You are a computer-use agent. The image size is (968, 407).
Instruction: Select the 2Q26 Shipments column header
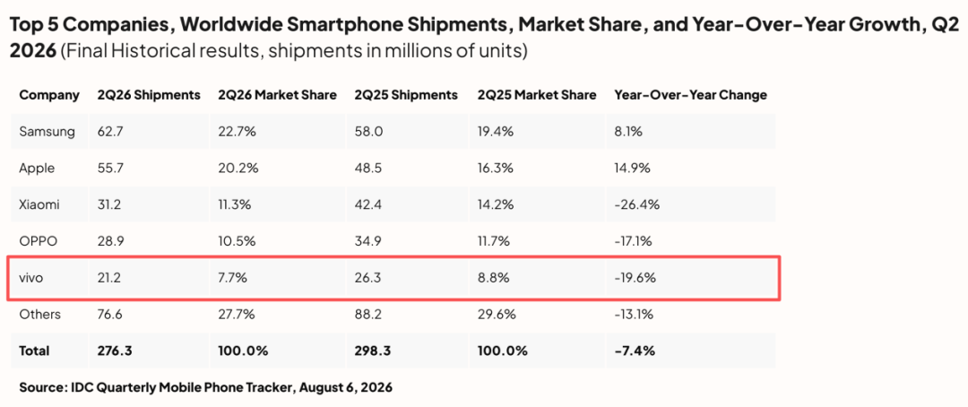149,95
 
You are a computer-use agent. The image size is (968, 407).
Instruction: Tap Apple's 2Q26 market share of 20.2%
235,168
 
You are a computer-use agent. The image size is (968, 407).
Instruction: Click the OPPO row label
39,241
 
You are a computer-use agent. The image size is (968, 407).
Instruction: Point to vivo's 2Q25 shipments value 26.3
366,278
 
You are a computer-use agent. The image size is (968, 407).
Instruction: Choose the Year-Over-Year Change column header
691,95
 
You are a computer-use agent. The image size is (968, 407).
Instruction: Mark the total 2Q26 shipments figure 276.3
114,351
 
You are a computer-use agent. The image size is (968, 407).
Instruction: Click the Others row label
40,315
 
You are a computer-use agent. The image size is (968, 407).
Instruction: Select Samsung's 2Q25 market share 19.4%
493,132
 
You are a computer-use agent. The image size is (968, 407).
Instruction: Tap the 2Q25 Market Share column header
537,95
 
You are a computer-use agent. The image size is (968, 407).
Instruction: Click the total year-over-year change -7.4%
635,351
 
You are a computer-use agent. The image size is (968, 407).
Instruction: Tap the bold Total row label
34,351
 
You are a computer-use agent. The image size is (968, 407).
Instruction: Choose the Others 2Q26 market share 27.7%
235,315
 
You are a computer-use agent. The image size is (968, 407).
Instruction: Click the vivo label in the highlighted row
30,278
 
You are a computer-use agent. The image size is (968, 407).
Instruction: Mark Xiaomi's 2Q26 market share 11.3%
234,204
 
